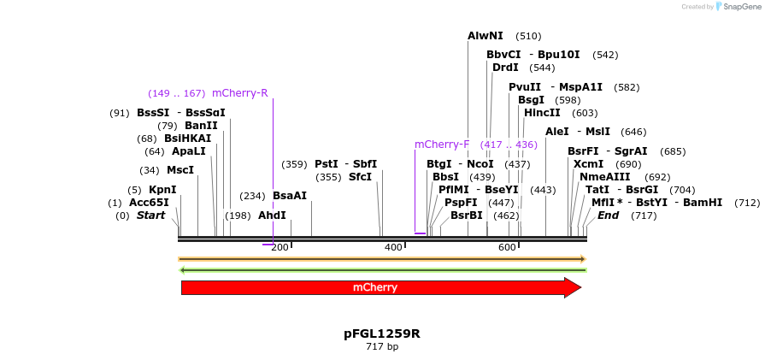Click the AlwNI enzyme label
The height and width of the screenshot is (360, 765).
coord(485,36)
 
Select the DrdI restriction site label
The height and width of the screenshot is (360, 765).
coord(505,68)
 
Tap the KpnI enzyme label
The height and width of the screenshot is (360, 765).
coord(162,190)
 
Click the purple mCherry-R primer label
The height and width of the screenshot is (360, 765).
coord(239,93)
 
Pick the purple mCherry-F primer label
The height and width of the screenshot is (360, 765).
coord(442,145)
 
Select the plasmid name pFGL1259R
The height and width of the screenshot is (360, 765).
coord(382,333)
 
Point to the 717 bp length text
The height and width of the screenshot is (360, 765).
coord(382,346)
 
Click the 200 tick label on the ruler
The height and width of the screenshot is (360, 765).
coord(280,248)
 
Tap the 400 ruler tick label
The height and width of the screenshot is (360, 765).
coord(393,248)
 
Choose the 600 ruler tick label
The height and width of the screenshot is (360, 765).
coord(507,248)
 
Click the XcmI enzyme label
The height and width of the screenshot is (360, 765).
coord(588,164)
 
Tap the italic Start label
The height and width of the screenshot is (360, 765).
coord(150,215)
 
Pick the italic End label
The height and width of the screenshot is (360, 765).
coord(608,215)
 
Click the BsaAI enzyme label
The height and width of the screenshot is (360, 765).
coord(290,196)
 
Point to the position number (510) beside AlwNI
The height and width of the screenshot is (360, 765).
coord(528,37)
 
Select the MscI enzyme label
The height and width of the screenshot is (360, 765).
coord(180,170)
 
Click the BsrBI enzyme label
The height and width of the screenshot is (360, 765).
coord(467,215)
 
